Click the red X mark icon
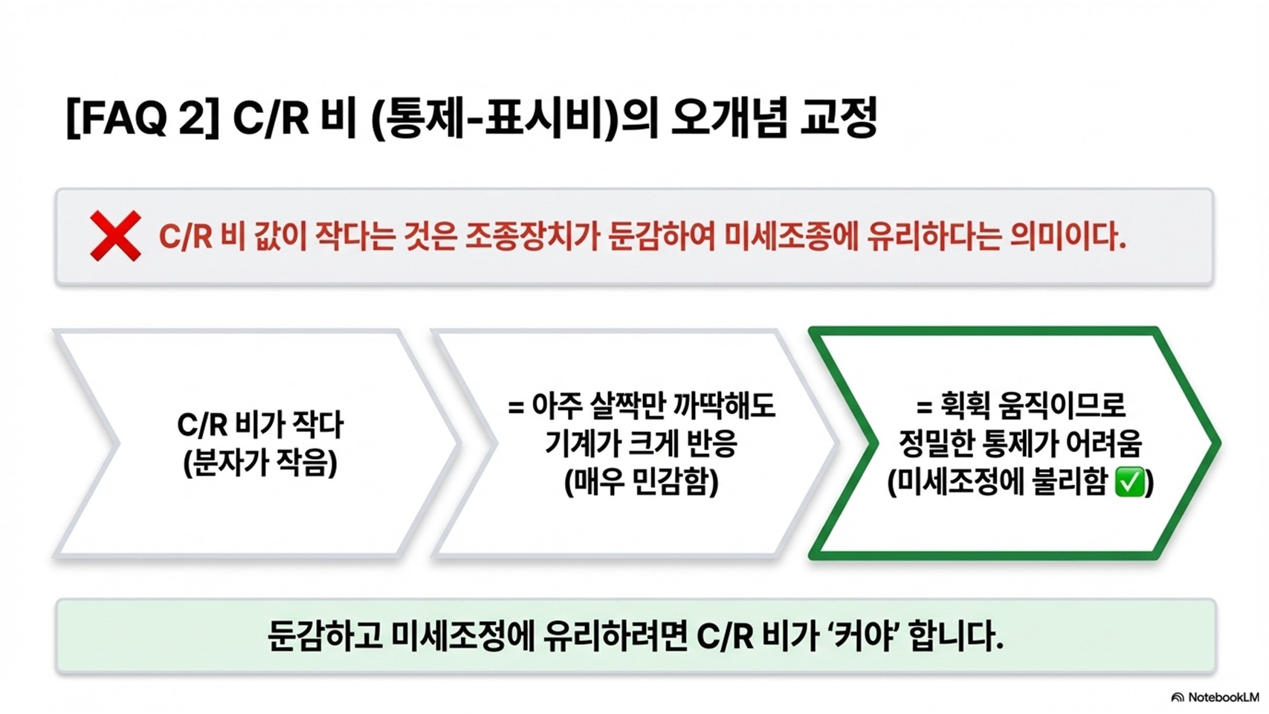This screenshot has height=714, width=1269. click(x=115, y=236)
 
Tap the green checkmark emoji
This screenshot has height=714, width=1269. click(x=1130, y=483)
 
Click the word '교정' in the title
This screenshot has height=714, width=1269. click(x=839, y=118)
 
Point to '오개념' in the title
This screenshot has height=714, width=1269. click(x=728, y=118)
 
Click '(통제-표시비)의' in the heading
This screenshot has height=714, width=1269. click(x=514, y=118)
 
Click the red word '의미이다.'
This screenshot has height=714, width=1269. click(x=1068, y=237)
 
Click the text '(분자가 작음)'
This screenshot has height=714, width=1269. click(x=260, y=463)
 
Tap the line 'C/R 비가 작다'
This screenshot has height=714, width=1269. click(x=260, y=425)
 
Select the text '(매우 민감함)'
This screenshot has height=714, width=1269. click(x=641, y=482)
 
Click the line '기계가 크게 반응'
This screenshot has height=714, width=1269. click(x=641, y=444)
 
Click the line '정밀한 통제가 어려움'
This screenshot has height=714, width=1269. click(x=1020, y=444)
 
